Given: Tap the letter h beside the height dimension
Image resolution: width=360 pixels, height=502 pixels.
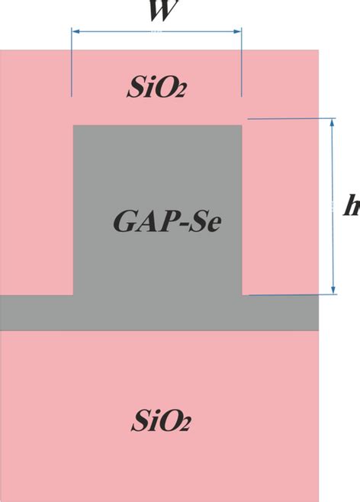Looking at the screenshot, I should [352, 207].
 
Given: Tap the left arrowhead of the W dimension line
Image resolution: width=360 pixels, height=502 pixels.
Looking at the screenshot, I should [75, 32].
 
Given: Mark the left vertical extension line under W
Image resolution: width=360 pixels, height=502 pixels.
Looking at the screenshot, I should [71, 65].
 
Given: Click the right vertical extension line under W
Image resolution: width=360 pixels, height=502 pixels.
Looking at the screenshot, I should [242, 65].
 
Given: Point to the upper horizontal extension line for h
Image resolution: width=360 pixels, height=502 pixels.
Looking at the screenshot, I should [290, 118].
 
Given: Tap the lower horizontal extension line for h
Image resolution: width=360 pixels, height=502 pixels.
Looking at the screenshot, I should [290, 294].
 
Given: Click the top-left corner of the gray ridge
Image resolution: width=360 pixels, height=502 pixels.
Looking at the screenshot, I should [73, 126].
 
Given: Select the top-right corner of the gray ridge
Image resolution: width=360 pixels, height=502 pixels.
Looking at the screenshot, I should [243, 126].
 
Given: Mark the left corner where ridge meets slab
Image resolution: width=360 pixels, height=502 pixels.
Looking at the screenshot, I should [73, 294].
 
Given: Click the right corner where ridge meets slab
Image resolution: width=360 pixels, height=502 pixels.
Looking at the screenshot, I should [243, 294].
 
